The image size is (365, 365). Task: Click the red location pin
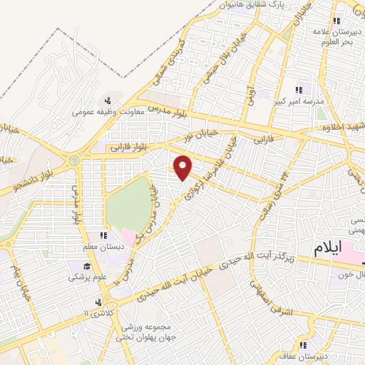183,167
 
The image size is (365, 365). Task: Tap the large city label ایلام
337,248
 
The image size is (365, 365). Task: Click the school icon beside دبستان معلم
103,235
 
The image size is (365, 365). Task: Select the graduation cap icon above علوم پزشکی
73,266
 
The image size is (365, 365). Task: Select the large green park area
128,202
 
